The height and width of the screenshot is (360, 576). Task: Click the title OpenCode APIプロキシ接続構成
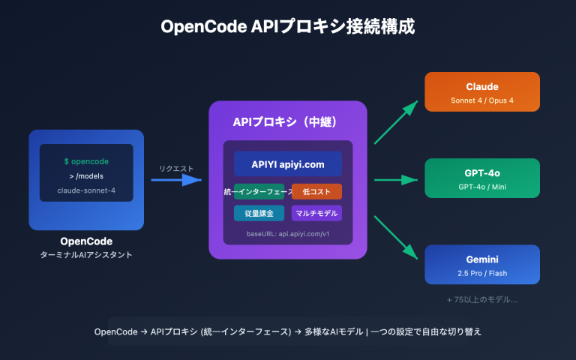(x=288, y=27)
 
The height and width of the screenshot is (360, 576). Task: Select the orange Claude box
(x=482, y=91)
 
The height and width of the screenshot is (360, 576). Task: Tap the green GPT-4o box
(x=482, y=178)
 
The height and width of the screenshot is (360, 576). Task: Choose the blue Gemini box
(x=482, y=264)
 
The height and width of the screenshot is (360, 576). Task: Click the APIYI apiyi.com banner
(x=288, y=164)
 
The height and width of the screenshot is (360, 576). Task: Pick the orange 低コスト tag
(x=316, y=192)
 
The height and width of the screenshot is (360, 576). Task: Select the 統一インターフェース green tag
(x=259, y=192)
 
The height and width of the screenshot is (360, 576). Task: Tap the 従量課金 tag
(x=259, y=213)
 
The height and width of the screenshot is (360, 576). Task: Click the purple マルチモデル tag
(x=316, y=213)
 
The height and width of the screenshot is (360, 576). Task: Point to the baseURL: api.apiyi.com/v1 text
(x=288, y=234)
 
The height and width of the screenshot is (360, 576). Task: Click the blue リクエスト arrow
(x=177, y=180)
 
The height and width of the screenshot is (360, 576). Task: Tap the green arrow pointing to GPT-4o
(x=396, y=180)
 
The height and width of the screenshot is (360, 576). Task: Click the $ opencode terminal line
(x=86, y=161)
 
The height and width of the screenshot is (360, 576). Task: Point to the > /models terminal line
(x=86, y=175)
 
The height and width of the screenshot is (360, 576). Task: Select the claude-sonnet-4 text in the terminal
(x=86, y=190)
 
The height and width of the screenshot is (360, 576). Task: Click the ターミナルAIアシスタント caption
(x=86, y=256)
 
